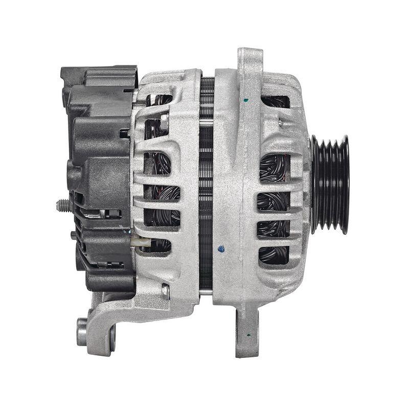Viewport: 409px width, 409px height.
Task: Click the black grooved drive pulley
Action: pos(330,184)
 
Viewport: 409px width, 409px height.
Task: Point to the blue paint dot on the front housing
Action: pos(221,249)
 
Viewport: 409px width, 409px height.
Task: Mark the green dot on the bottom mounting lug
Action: pos(248,335)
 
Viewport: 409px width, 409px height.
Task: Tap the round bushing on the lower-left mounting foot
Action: pos(82,332)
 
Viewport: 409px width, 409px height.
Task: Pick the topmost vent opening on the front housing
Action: pos(275,101)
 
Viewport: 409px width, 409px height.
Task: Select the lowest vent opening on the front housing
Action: pos(274,255)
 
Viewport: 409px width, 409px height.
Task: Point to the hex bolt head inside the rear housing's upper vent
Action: pos(164,121)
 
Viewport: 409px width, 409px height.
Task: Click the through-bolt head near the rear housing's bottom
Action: pos(165,291)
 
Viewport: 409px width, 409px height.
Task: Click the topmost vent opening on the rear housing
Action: pos(158,100)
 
